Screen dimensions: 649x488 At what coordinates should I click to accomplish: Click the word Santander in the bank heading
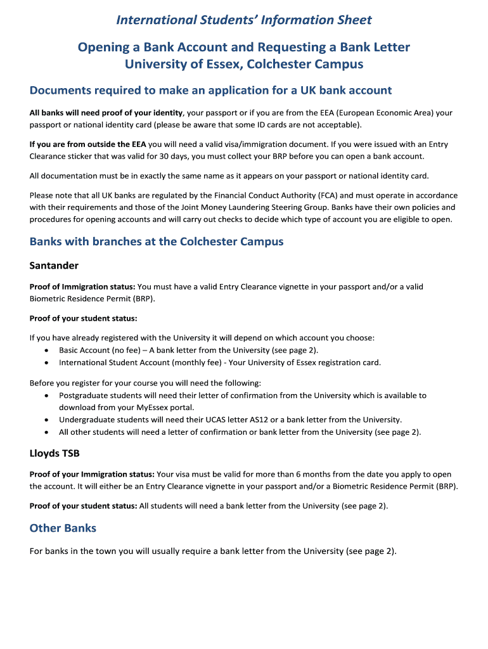click(54, 266)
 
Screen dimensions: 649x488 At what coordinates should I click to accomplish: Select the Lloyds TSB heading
click(55, 453)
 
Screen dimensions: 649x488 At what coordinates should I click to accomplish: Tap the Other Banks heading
click(63, 528)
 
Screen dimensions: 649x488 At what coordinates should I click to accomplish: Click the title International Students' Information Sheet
click(244, 20)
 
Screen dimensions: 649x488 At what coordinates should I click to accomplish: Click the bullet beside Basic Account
click(46, 350)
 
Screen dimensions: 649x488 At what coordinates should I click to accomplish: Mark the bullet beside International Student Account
click(46, 363)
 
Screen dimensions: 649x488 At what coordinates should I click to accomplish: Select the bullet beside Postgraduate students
click(46, 395)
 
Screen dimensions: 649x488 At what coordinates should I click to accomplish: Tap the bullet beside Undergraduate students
click(46, 420)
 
